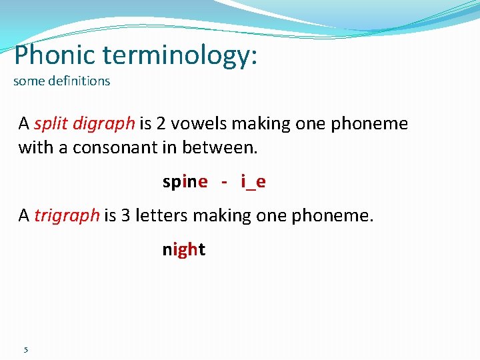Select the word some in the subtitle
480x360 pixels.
26,82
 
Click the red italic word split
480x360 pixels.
51,124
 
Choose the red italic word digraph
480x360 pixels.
104,125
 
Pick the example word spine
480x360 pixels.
185,182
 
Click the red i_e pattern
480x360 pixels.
253,182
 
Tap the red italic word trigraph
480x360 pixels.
67,216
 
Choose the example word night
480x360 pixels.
183,250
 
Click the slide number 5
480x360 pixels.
25,350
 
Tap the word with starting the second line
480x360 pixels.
36,147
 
